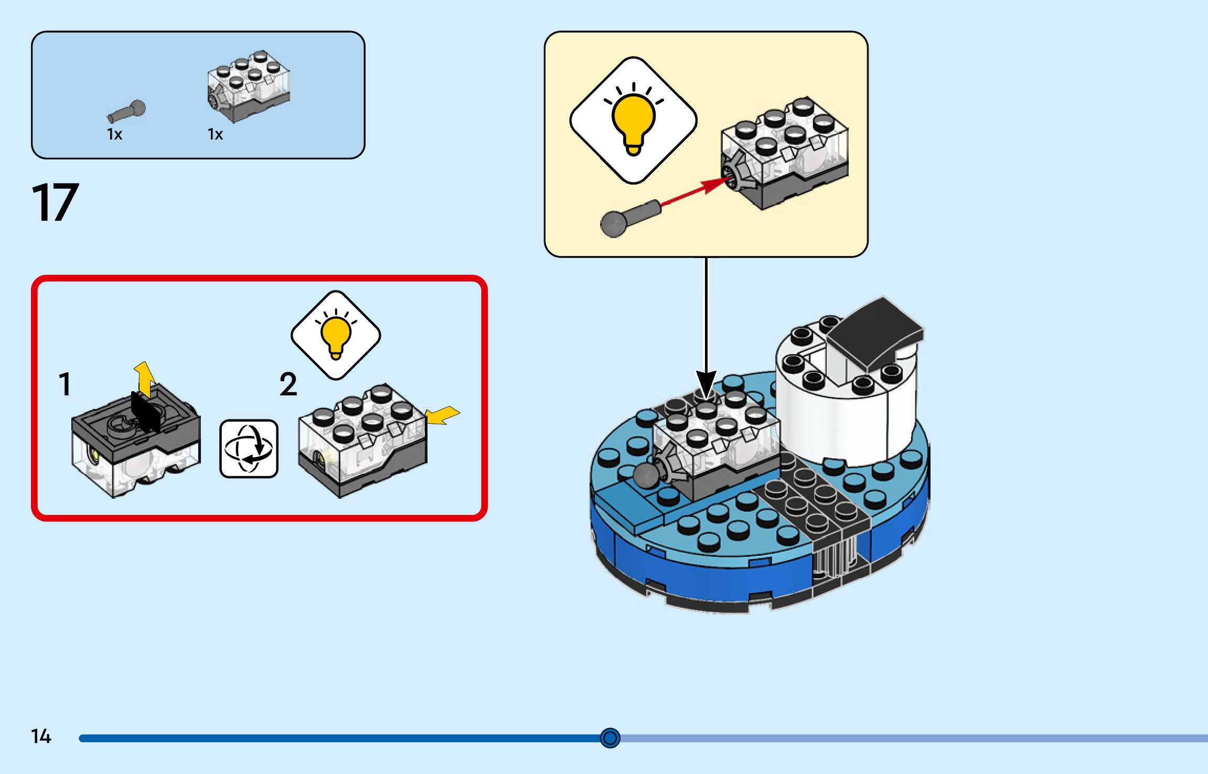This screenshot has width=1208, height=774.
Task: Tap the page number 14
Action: tap(41, 736)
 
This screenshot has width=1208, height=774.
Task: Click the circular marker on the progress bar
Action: tap(610, 738)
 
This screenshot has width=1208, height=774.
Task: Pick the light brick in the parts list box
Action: tap(249, 86)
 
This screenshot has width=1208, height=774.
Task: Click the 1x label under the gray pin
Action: tap(114, 135)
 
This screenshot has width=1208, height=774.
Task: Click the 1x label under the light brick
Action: tap(215, 135)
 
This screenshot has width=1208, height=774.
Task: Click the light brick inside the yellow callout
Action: tap(784, 152)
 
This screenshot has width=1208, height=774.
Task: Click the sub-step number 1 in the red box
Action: tap(65, 384)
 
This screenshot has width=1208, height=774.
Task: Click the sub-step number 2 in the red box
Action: tap(288, 384)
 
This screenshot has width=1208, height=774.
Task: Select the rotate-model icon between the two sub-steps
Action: tap(249, 448)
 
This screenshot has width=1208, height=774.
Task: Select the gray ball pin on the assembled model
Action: tap(646, 475)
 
